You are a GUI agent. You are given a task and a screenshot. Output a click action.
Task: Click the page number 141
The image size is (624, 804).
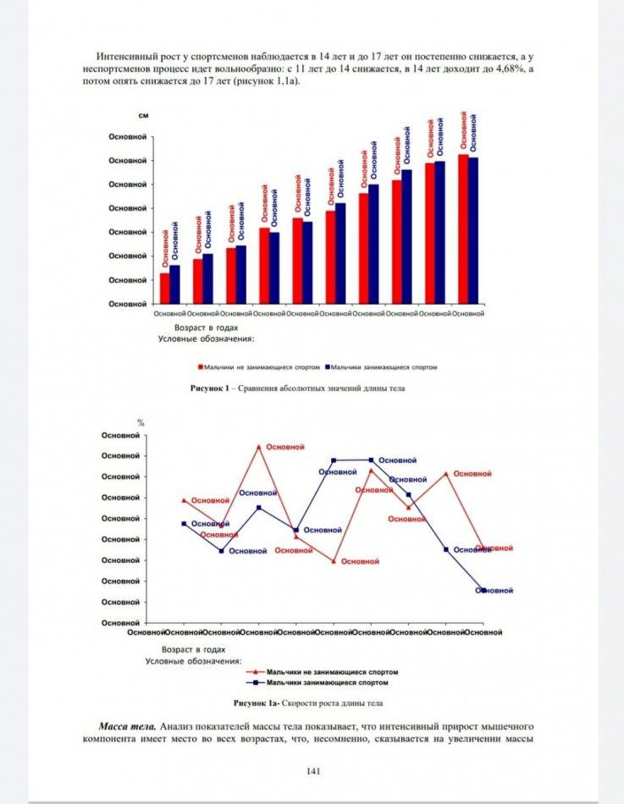(x=312, y=770)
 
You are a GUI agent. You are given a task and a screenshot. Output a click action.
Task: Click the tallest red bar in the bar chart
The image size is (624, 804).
(x=463, y=229)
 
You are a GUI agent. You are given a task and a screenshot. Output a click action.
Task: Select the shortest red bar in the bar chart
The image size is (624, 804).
(x=164, y=288)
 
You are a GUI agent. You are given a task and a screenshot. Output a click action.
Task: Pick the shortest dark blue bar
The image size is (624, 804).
(x=174, y=284)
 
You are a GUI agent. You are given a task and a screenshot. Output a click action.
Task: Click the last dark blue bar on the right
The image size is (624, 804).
(x=473, y=230)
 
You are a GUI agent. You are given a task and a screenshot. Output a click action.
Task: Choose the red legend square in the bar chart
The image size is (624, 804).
(x=201, y=367)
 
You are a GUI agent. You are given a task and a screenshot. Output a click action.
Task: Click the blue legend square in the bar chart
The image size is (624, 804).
(x=326, y=367)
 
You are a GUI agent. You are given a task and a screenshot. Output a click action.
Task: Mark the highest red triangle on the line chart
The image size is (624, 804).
(x=258, y=446)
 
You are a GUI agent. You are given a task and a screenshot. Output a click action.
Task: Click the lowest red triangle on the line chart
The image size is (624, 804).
(x=334, y=561)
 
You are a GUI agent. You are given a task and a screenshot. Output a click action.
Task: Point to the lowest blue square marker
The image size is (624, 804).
(x=483, y=590)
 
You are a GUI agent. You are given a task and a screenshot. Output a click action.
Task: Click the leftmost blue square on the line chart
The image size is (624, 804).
(x=184, y=524)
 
